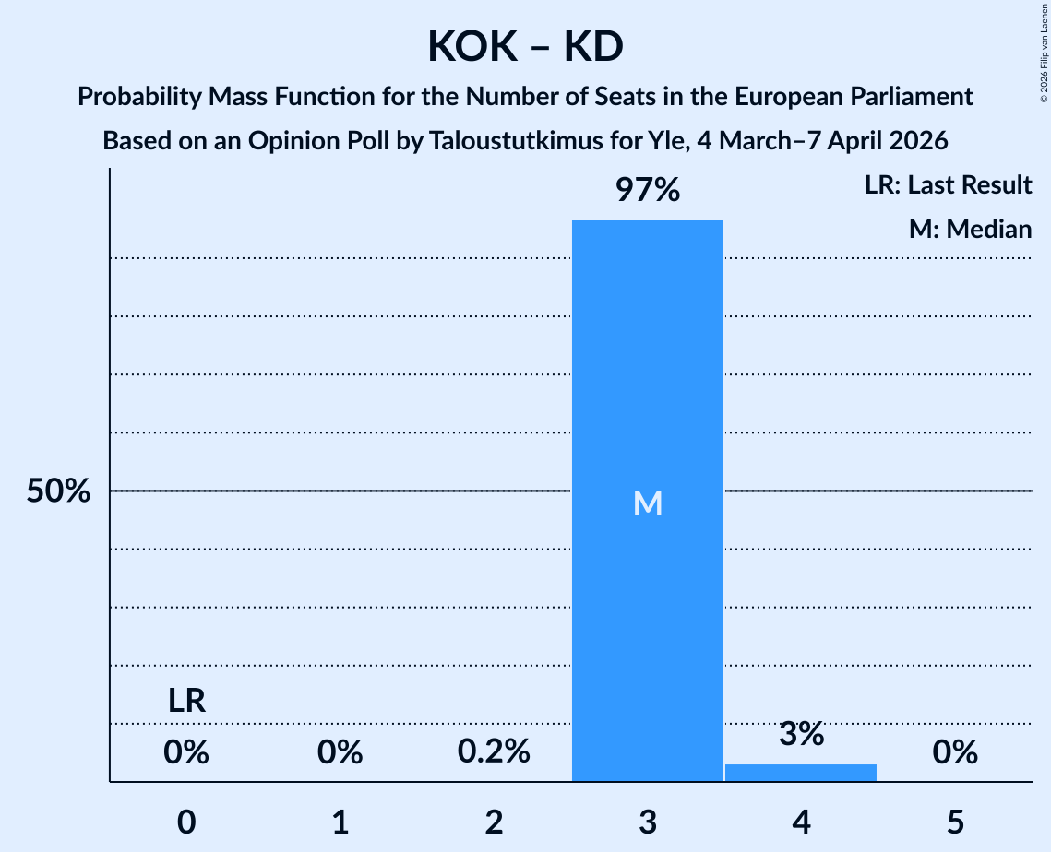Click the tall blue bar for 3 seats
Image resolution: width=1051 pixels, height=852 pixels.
(x=647, y=369)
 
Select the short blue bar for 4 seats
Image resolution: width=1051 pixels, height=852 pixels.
(x=801, y=773)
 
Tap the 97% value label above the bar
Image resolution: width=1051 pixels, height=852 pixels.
(x=647, y=191)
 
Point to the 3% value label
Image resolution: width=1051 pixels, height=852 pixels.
(x=801, y=734)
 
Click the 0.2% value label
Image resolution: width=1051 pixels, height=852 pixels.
(x=494, y=752)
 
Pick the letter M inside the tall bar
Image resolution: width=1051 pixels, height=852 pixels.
(x=648, y=503)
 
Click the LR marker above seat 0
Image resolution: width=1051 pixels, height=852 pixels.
(x=186, y=703)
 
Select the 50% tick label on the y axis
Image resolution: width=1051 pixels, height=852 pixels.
(x=58, y=491)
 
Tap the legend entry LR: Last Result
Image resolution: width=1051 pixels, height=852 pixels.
(x=948, y=185)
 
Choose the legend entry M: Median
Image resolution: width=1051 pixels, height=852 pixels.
(x=970, y=229)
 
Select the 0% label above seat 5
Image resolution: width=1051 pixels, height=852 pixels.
(x=955, y=753)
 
